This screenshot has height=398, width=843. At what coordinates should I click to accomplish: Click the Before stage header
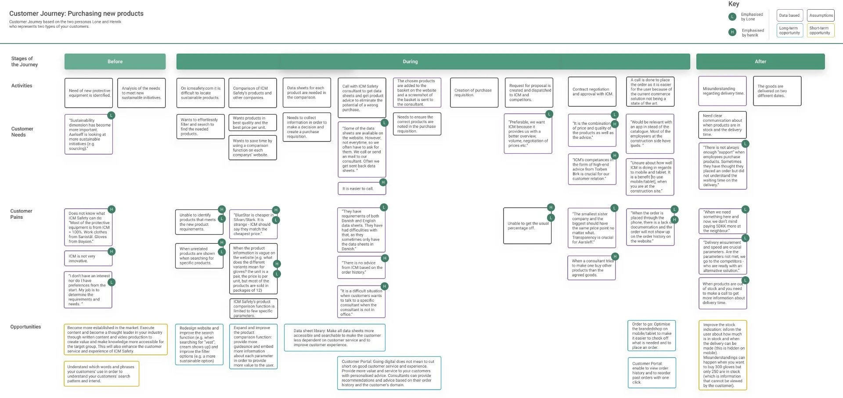[115, 62]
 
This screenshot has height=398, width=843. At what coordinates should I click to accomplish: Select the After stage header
[760, 62]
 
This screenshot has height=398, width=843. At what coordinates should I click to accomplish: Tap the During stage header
[411, 62]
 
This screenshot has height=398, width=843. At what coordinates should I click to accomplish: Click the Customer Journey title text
[76, 14]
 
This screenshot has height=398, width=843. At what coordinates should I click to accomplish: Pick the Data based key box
[789, 15]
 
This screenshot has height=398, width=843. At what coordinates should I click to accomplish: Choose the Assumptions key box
[821, 15]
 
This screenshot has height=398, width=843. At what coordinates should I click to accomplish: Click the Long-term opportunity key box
[789, 30]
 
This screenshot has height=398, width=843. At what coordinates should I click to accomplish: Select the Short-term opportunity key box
[820, 30]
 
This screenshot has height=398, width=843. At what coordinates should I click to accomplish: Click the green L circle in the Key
[732, 17]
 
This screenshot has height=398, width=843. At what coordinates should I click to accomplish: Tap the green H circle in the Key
[732, 32]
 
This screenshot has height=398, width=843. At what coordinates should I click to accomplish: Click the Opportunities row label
[25, 327]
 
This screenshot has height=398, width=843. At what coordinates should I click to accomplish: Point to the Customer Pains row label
[21, 214]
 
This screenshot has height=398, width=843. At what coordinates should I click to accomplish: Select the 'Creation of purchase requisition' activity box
[474, 93]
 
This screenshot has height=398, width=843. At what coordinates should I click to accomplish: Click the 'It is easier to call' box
[361, 188]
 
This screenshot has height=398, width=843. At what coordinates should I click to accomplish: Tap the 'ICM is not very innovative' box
[88, 258]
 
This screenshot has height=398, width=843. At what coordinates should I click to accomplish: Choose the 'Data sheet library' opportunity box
[335, 337]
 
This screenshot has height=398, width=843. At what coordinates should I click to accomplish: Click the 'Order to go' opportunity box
[651, 336]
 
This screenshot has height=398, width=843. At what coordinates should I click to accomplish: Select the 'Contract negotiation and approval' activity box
[591, 92]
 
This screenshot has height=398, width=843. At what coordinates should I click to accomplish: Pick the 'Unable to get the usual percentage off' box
[527, 226]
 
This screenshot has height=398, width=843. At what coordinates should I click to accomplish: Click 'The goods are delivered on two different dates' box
[776, 91]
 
